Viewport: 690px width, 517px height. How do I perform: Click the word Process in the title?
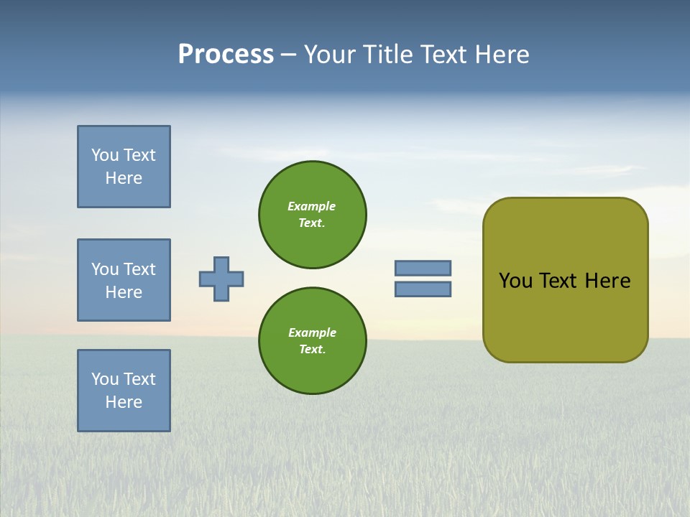pos(226,55)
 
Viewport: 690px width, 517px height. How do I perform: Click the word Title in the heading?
pos(387,55)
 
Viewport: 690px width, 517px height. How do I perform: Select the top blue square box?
pos(124,167)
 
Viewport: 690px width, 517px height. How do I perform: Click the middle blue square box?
pos(124,280)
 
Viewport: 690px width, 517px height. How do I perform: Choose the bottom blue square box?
pos(124,391)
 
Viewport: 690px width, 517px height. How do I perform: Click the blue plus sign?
pos(221,279)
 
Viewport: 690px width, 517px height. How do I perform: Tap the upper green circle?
pos(312,215)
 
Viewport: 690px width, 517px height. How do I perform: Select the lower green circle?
pos(312,341)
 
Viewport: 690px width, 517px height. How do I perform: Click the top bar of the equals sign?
pos(423,268)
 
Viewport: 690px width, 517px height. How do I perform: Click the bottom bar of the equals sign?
pos(423,289)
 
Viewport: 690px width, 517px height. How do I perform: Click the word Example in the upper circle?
pos(312,206)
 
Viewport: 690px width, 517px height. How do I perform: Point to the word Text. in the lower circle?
pos(312,350)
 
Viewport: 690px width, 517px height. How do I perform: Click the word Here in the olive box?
pos(607,281)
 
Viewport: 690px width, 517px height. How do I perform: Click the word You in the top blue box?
pos(105,155)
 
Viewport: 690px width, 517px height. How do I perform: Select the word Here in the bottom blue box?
pos(124,402)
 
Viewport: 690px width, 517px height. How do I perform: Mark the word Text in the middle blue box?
pos(139,269)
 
